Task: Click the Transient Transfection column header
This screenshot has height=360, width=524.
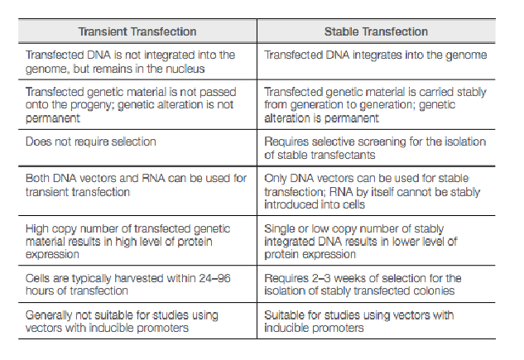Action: point(137,31)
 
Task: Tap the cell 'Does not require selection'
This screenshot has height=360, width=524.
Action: point(91,142)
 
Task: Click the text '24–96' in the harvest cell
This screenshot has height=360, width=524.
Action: point(219,278)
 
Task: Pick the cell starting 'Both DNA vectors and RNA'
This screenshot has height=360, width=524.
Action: point(136,185)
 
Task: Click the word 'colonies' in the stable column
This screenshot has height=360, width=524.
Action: point(435,290)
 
